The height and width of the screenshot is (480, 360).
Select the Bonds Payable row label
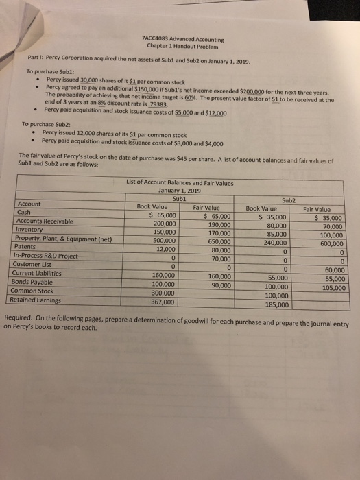click(35, 282)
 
